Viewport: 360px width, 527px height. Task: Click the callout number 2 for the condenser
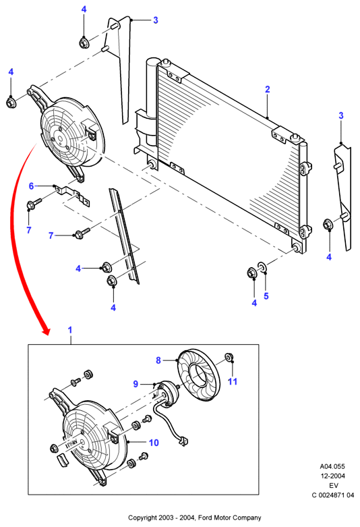coord(268,89)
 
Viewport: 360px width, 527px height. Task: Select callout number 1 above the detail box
coord(70,330)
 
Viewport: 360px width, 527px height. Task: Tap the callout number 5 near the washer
coord(266,296)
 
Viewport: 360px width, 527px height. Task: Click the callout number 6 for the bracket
coord(31,186)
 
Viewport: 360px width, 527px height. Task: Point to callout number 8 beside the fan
coord(158,360)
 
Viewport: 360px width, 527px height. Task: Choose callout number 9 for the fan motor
coord(136,384)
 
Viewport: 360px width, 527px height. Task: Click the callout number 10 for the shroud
coord(154,443)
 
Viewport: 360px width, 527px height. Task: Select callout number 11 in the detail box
coord(233,381)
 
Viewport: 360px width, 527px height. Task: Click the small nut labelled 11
coord(229,356)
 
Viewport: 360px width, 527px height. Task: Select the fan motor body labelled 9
coord(167,393)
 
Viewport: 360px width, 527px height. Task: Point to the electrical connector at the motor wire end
coord(183,441)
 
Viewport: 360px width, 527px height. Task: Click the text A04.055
coord(332,466)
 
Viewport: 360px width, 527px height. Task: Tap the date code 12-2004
coord(332,476)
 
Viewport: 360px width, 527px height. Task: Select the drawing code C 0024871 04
coord(333,495)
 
